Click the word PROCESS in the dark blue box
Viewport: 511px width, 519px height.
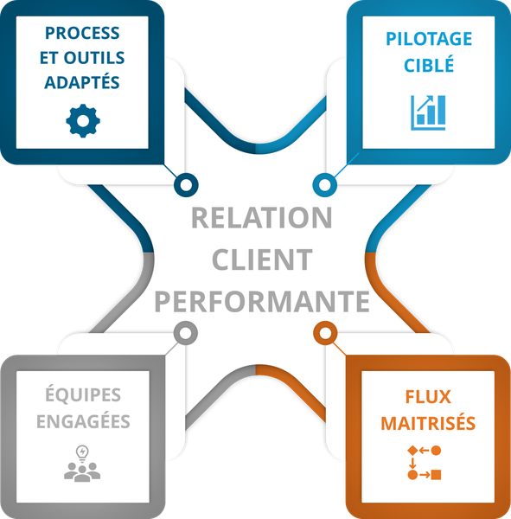pyautogui.click(x=82, y=33)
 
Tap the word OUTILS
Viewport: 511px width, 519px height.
pyautogui.click(x=94, y=58)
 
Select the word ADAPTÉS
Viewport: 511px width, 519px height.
pyautogui.click(x=82, y=82)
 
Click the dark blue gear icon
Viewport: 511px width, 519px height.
pyautogui.click(x=83, y=121)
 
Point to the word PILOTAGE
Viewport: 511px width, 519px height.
pyautogui.click(x=429, y=39)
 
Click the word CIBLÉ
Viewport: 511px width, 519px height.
pyautogui.click(x=429, y=64)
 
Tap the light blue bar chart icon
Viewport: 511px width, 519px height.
pyautogui.click(x=428, y=112)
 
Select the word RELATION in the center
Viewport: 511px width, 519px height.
pyautogui.click(x=261, y=218)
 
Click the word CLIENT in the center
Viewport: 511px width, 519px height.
pyautogui.click(x=262, y=259)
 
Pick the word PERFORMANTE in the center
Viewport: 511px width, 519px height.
pyautogui.click(x=262, y=301)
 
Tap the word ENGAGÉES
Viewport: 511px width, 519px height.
pyautogui.click(x=83, y=421)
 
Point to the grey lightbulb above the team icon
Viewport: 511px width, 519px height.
pyautogui.click(x=82, y=453)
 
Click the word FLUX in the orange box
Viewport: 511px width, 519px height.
pyautogui.click(x=428, y=397)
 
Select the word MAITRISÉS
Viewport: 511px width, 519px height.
pyautogui.click(x=428, y=423)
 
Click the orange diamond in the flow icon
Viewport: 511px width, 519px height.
pyautogui.click(x=412, y=451)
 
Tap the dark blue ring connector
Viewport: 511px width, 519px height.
pyautogui.click(x=186, y=185)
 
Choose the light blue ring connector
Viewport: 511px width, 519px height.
pyautogui.click(x=324, y=185)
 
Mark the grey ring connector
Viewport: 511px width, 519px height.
pyautogui.click(x=186, y=333)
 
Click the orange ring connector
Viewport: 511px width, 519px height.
pyautogui.click(x=325, y=333)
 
